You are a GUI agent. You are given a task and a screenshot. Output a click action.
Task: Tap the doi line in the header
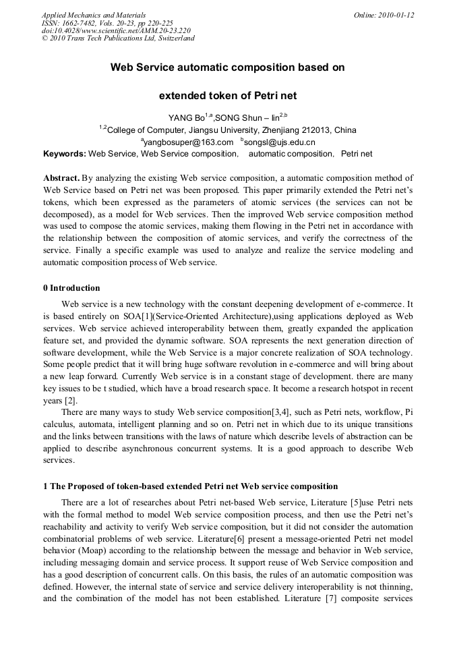[116, 30]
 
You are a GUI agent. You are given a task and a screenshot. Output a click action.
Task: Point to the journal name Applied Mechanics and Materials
[93, 14]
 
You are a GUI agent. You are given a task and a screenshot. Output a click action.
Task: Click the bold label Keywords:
[65, 154]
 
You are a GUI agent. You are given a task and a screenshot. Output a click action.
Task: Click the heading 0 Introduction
[71, 288]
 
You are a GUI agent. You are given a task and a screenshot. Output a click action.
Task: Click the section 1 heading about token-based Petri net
[191, 486]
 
